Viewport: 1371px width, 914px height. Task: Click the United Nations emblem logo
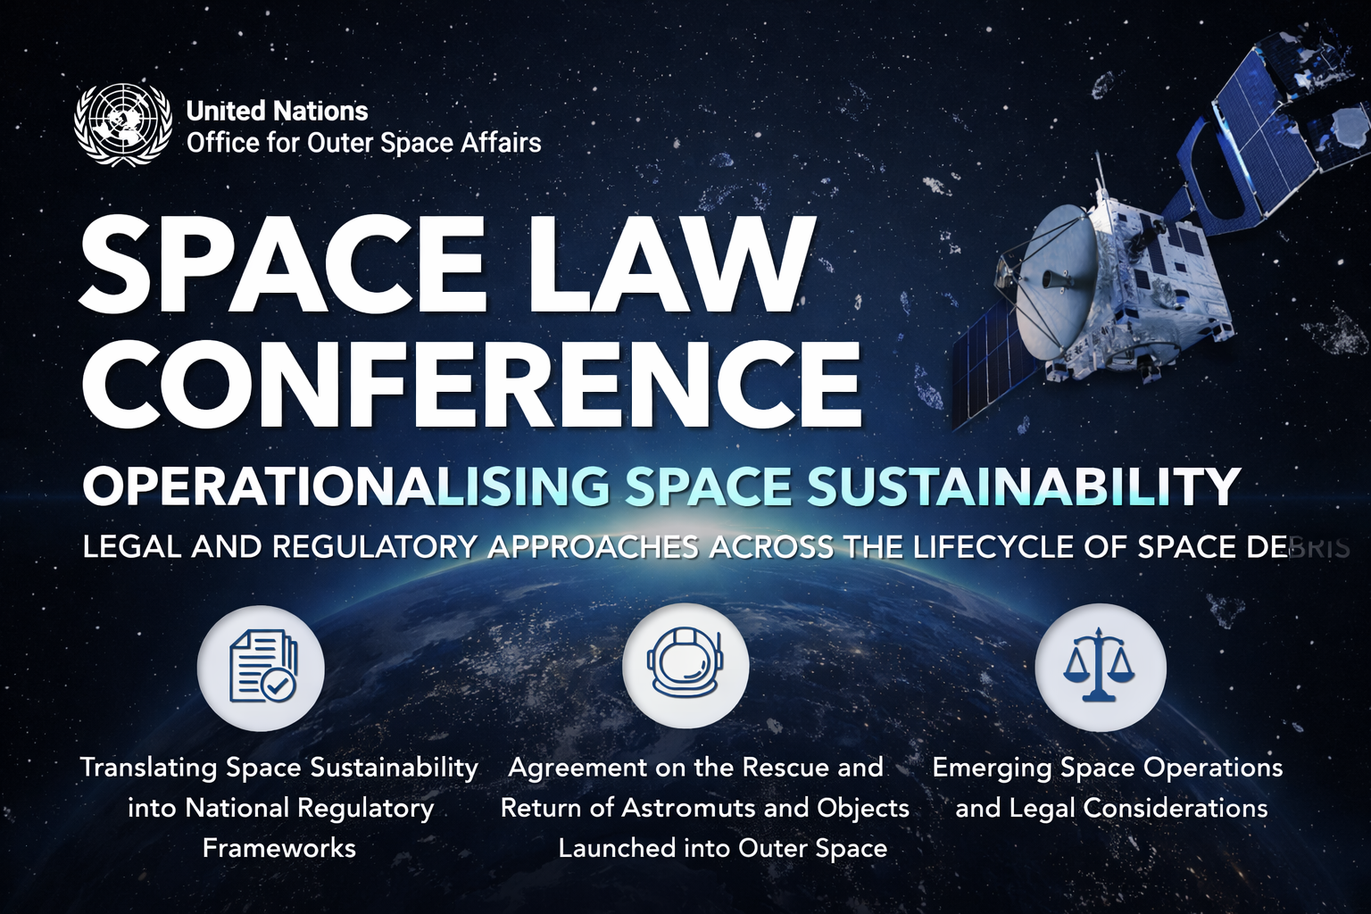[x=121, y=125]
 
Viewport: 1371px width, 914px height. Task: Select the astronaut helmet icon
[x=685, y=667]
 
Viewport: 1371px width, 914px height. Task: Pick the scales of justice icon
[x=1100, y=667]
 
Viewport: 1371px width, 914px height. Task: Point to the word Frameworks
[x=279, y=848]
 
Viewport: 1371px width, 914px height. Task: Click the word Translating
[x=149, y=768]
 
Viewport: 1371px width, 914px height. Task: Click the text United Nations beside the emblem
[x=277, y=111]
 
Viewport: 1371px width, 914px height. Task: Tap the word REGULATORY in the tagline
[x=374, y=547]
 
